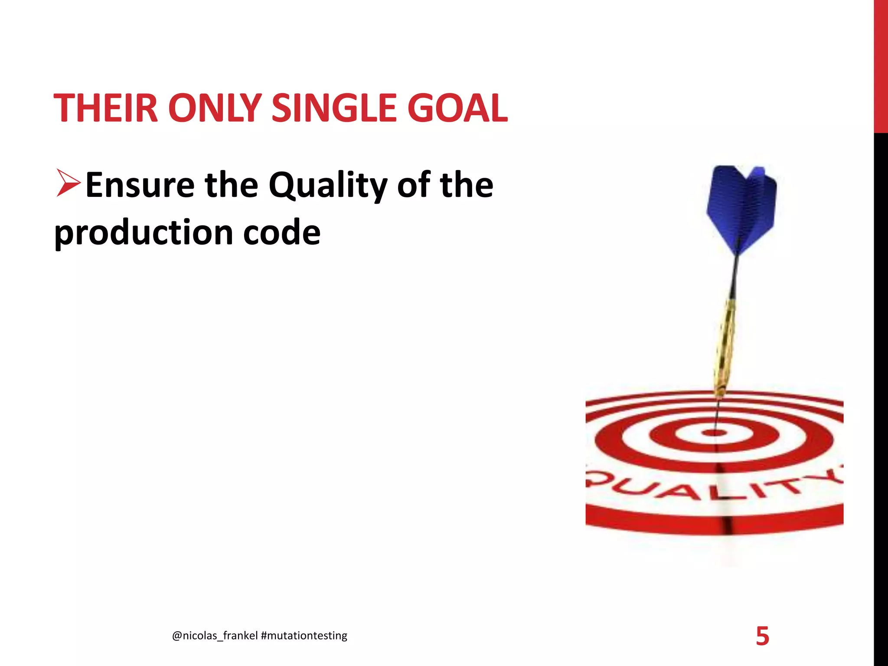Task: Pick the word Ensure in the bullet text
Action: point(140,185)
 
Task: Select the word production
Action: point(144,233)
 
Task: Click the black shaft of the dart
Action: point(734,277)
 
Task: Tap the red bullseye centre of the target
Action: point(714,433)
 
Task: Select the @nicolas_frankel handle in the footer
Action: point(215,636)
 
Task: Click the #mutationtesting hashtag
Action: point(304,636)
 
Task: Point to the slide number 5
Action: point(762,636)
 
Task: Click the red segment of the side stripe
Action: point(881,65)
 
